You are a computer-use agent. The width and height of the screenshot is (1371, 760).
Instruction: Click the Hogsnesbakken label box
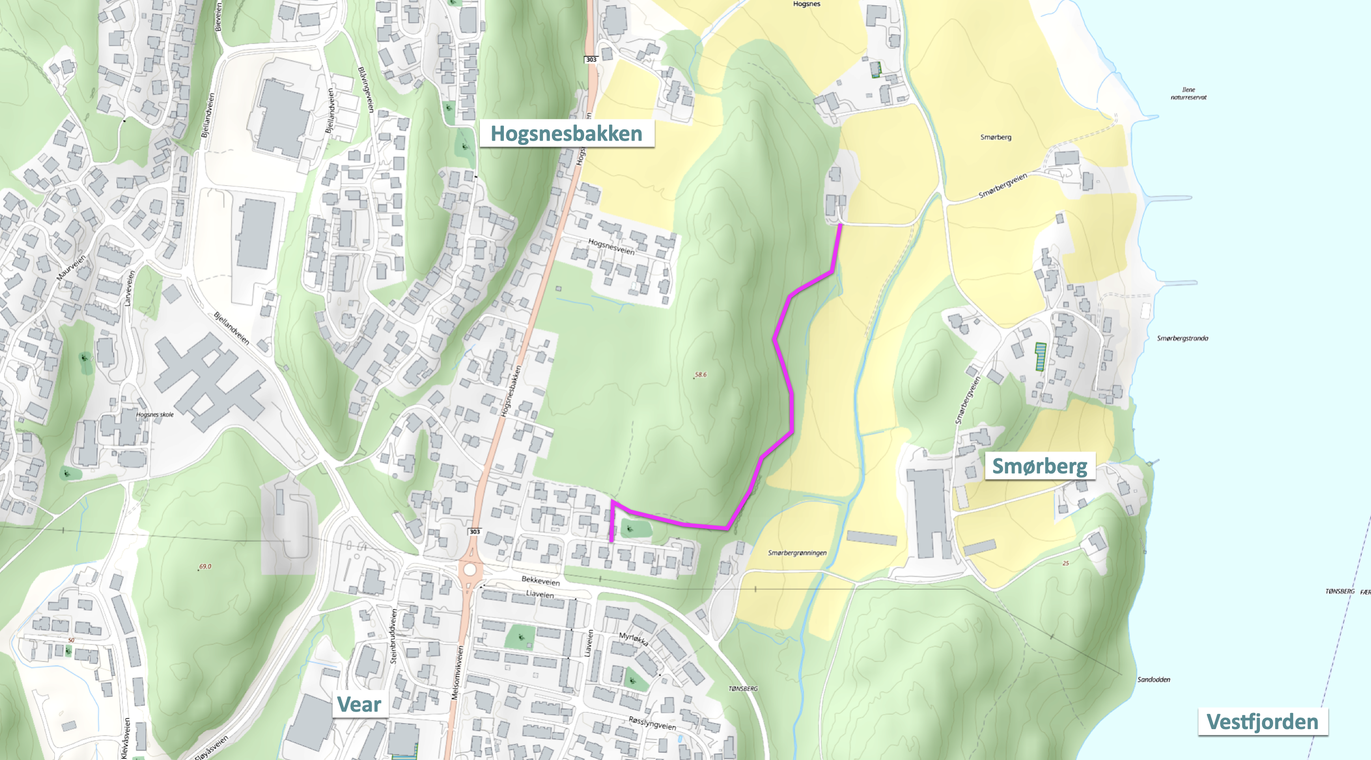click(x=567, y=133)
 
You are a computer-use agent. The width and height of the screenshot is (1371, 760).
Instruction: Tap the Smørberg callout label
click(x=1040, y=466)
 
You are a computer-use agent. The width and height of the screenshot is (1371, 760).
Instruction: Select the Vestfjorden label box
click(x=1262, y=722)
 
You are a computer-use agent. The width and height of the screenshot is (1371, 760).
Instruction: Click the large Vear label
click(x=359, y=704)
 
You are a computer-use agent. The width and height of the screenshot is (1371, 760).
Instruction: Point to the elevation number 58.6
click(x=700, y=375)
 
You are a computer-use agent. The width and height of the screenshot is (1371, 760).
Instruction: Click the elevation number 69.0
click(x=205, y=566)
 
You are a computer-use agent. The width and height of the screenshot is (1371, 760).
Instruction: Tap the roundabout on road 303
click(x=470, y=570)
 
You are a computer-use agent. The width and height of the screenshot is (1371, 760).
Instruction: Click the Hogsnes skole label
click(x=154, y=415)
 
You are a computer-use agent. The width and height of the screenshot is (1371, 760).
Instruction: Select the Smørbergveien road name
click(x=1002, y=186)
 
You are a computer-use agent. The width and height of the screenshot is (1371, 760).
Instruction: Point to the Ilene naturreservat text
click(x=1188, y=94)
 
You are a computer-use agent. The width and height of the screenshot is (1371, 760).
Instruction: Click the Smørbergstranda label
click(x=1182, y=338)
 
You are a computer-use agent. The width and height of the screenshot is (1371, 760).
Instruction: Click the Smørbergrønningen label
click(x=797, y=552)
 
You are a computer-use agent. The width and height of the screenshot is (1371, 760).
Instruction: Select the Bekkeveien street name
click(x=540, y=581)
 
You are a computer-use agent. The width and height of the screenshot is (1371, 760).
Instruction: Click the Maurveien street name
click(x=71, y=268)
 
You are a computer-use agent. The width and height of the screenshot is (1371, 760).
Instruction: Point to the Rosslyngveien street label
click(x=652, y=723)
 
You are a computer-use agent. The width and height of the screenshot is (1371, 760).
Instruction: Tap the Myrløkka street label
click(x=633, y=639)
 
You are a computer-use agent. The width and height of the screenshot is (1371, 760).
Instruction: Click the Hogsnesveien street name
click(x=611, y=246)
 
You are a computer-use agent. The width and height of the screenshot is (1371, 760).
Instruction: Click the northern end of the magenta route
click(x=840, y=226)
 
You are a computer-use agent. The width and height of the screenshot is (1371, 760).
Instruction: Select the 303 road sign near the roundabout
click(x=474, y=532)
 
